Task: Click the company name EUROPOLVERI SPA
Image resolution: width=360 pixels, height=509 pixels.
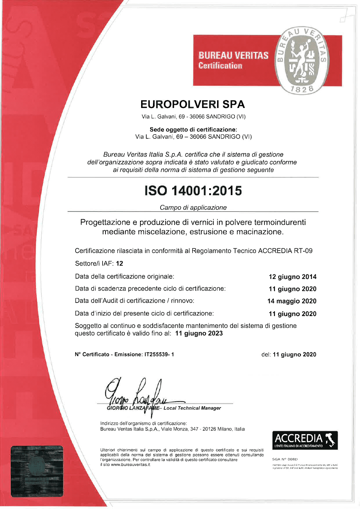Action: [193, 104]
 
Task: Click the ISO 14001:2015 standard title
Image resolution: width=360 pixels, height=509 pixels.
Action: [193, 190]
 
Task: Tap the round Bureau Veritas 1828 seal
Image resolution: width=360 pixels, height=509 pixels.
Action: [302, 60]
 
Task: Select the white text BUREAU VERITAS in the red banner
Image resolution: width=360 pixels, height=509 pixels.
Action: [233, 55]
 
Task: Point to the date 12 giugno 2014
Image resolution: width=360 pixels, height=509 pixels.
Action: [292, 277]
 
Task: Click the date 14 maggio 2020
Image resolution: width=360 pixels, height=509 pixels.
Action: [292, 301]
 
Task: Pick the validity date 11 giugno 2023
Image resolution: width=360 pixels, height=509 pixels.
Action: [199, 333]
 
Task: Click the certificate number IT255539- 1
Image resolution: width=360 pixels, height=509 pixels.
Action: [159, 355]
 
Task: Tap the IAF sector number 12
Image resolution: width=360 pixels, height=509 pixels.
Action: [120, 263]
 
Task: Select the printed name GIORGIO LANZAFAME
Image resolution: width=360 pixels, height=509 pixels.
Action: [133, 408]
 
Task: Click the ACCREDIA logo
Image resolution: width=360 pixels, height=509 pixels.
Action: [305, 440]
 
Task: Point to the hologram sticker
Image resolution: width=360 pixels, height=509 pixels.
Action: [37, 471]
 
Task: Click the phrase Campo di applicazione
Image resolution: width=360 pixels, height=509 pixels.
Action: [193, 207]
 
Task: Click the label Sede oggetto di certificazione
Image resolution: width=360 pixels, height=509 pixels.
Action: [193, 129]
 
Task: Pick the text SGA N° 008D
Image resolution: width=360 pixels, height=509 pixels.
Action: [285, 459]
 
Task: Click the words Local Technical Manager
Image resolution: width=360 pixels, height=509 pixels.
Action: [192, 408]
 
